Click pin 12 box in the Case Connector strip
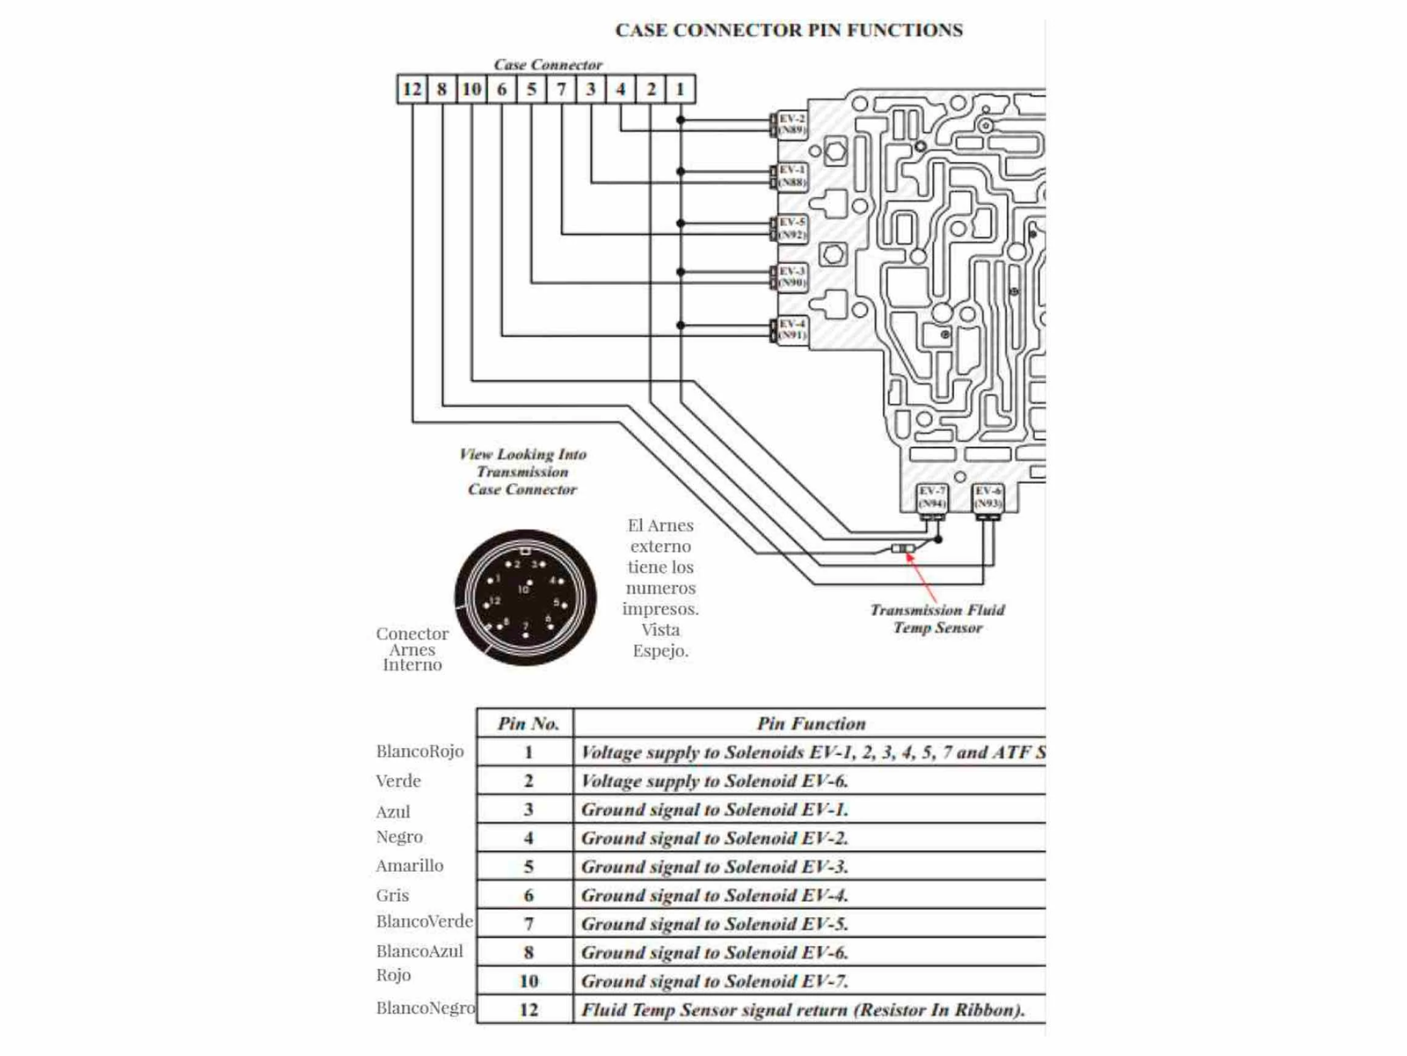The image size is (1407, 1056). tap(412, 89)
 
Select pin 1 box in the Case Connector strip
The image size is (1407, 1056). tap(680, 89)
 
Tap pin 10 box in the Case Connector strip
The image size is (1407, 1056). tap(471, 89)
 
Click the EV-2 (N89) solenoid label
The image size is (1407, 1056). tap(791, 124)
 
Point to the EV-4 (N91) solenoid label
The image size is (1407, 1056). tap(791, 329)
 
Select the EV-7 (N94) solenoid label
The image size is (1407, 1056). tap(931, 497)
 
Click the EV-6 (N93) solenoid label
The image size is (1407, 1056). tap(988, 497)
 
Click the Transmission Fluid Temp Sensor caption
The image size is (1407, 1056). tap(937, 619)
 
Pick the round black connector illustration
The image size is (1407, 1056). tap(525, 598)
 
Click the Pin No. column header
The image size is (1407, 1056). tap(528, 723)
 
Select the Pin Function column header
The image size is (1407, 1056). tap(811, 723)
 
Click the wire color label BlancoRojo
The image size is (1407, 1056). tap(419, 752)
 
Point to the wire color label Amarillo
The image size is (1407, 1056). tap(410, 866)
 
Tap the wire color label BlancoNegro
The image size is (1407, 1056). tap(425, 1008)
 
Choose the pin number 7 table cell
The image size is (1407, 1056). tap(528, 924)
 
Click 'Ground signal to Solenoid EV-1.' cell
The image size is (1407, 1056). tap(714, 810)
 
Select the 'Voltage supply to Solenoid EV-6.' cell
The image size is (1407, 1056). tap(714, 781)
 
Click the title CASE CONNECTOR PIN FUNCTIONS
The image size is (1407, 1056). tap(789, 30)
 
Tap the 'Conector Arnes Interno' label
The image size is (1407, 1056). tap(412, 649)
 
